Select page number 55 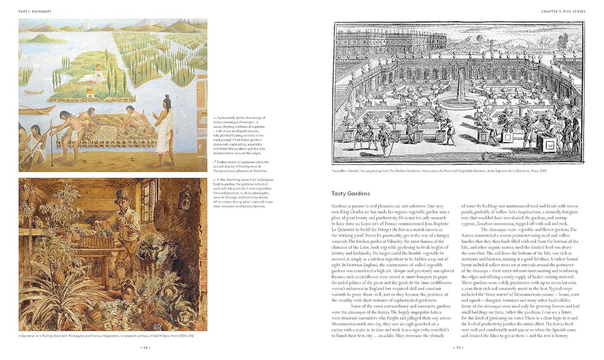459,348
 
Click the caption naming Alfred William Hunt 107,336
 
